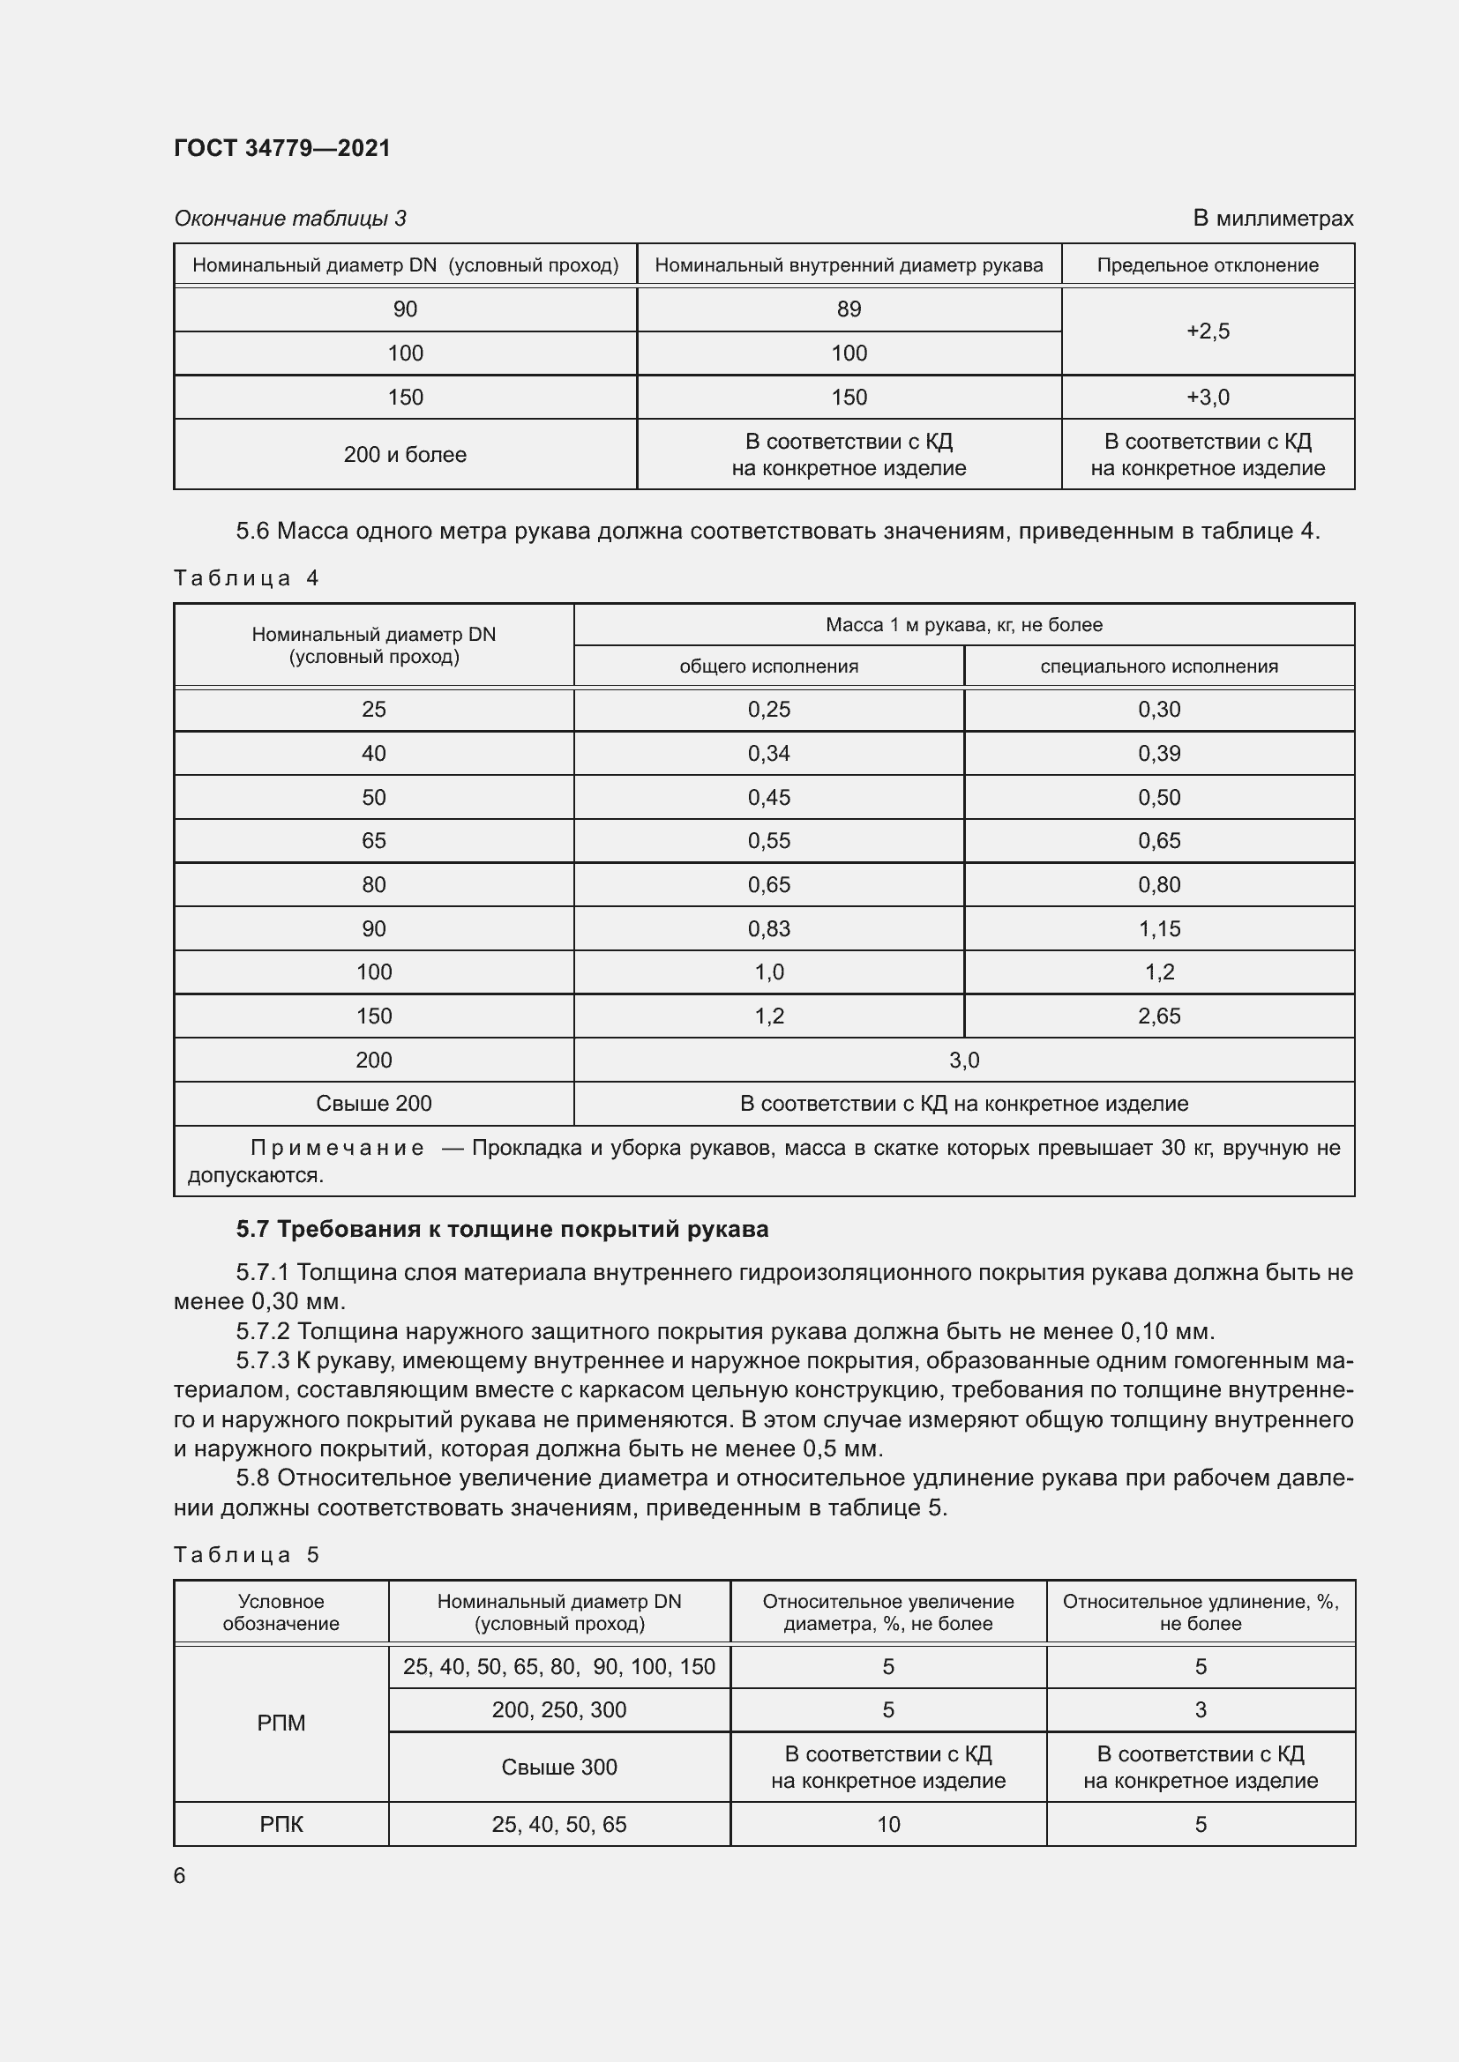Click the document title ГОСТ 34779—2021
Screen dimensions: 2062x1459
282,148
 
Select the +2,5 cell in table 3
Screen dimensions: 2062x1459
1208,331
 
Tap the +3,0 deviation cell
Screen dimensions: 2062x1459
1208,397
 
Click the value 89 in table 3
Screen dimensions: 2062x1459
848,309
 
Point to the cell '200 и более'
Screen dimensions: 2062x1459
404,454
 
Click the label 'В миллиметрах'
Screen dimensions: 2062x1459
1272,219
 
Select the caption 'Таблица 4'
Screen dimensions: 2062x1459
246,577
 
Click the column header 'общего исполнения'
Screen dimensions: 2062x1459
768,666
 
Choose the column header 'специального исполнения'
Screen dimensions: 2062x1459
1159,666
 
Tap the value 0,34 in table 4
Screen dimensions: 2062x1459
768,754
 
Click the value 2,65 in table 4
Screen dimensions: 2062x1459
1159,1016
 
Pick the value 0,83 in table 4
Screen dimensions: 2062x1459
768,928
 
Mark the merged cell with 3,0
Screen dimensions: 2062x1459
964,1060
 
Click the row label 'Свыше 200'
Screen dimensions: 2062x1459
374,1104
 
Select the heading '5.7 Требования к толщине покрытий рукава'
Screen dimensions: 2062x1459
502,1230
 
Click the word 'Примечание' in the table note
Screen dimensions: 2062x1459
337,1148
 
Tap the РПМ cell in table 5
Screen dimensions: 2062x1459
281,1723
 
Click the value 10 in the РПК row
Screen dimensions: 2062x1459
887,1824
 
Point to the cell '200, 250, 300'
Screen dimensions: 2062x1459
558,1710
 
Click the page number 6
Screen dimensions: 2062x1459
180,1876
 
